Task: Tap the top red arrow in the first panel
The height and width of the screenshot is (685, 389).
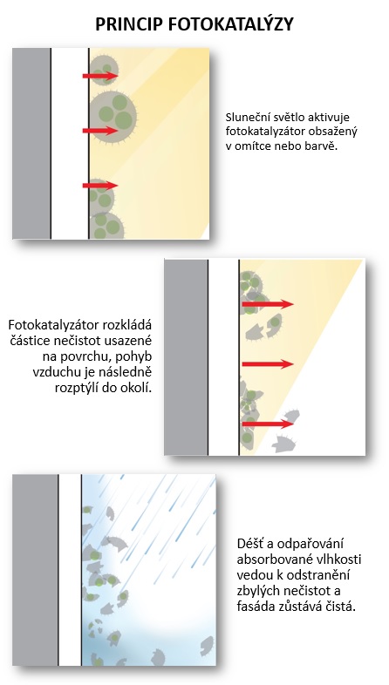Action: pos(100,76)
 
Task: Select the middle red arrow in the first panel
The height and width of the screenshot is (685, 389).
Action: pos(100,131)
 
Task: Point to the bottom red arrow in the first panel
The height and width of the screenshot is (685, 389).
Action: pos(100,186)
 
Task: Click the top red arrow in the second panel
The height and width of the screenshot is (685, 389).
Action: pos(268,304)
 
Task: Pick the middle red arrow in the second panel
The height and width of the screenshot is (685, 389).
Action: pos(268,364)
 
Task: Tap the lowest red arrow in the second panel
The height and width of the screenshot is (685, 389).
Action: pos(268,424)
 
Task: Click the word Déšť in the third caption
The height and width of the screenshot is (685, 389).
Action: pos(249,544)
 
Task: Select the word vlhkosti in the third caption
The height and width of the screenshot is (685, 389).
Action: pos(342,560)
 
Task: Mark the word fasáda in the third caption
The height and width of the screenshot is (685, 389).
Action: pos(253,607)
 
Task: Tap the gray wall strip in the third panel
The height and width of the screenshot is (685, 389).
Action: pos(35,570)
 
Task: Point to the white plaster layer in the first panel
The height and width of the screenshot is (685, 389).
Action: pos(70,143)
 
